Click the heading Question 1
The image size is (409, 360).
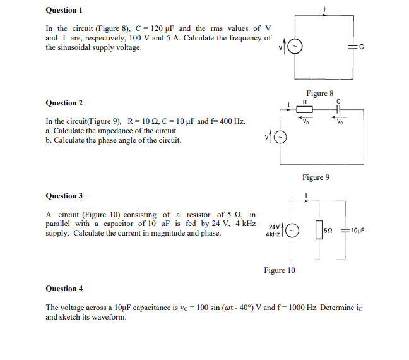[64, 10]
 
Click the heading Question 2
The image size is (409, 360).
[64, 103]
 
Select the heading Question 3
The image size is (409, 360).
[64, 196]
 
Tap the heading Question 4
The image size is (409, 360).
[64, 289]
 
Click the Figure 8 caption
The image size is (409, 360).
[319, 93]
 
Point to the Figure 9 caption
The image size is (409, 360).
[316, 177]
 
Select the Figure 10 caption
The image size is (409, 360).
[279, 270]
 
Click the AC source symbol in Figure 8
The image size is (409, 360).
[295, 47]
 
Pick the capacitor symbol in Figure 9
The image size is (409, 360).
[339, 109]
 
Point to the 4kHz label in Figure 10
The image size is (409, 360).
[273, 234]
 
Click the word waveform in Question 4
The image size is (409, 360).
[109, 317]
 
